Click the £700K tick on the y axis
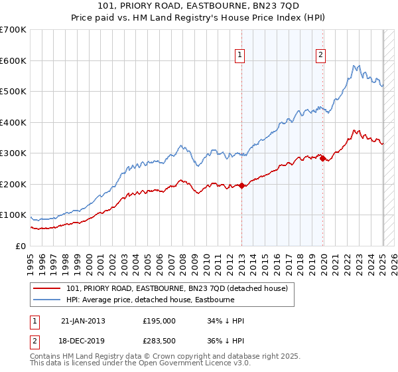[13, 30]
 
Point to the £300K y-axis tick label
[13, 153]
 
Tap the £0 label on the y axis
[21, 246]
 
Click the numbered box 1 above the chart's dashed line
[239, 56]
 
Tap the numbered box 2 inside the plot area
[320, 56]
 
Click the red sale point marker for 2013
[241, 186]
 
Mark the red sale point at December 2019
[322, 158]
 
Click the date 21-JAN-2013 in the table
[83, 321]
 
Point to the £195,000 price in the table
[159, 321]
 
